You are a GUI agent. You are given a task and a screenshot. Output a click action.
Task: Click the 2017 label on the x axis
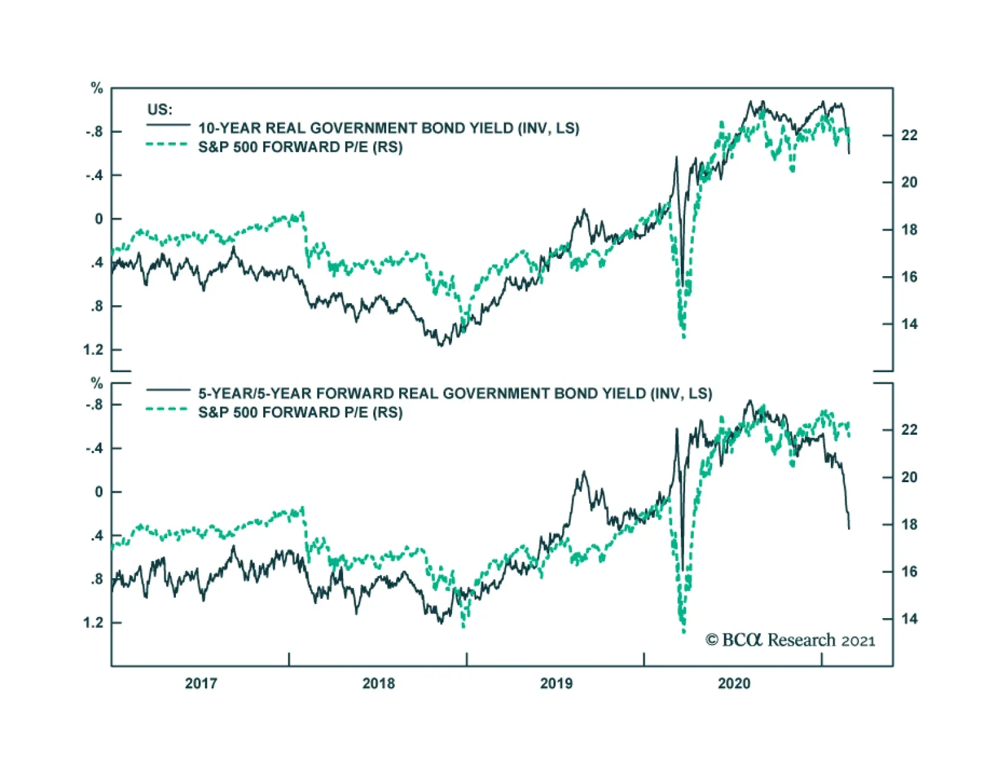tap(200, 683)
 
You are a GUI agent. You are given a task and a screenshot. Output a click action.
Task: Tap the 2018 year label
tap(378, 683)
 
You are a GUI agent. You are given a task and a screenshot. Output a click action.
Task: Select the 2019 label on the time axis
tap(556, 683)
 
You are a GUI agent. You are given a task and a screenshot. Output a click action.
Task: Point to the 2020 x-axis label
tap(734, 683)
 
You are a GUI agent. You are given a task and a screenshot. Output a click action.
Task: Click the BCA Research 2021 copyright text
tap(790, 640)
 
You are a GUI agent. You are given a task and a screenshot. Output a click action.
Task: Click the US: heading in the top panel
tap(160, 109)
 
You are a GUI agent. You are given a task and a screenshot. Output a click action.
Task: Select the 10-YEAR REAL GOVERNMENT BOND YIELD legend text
tap(388, 128)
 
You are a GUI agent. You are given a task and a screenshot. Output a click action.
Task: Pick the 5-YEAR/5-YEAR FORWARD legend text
tap(454, 394)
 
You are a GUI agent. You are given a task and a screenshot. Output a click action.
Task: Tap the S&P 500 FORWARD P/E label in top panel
tap(300, 147)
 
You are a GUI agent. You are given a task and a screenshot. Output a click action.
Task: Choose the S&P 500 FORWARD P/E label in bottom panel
tap(300, 412)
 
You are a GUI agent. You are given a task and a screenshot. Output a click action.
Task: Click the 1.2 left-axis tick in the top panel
tap(93, 350)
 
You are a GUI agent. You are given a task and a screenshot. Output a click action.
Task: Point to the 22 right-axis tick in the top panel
tap(909, 135)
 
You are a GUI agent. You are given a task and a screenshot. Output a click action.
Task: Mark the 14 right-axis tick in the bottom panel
tap(909, 619)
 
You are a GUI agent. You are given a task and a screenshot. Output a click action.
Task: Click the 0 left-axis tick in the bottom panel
tap(99, 492)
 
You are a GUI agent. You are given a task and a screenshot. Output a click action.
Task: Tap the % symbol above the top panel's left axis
tap(97, 89)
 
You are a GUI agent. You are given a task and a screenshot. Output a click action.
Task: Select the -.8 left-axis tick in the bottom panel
tap(94, 405)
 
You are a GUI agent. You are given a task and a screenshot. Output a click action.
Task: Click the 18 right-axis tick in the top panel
tap(909, 230)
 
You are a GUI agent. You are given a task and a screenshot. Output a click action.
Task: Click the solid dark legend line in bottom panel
tap(167, 390)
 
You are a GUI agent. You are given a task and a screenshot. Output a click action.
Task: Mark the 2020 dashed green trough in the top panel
tap(683, 335)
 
